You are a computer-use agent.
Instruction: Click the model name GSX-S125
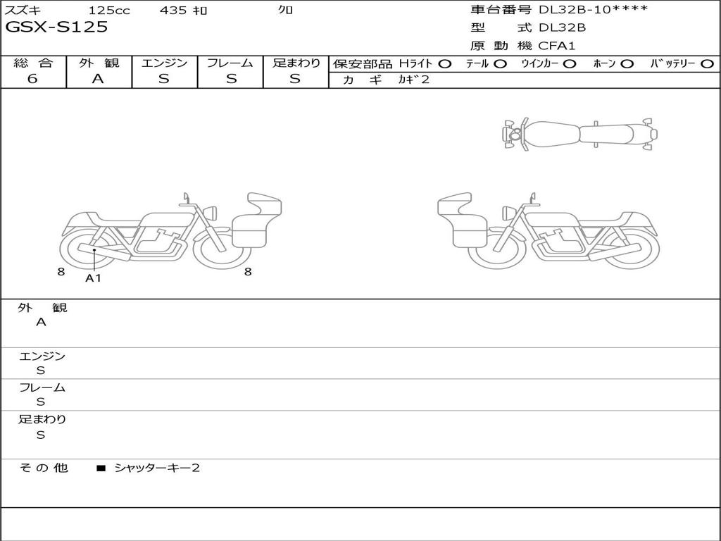tap(56, 27)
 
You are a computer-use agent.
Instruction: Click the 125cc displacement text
tap(109, 10)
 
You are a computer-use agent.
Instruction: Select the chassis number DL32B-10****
tap(593, 9)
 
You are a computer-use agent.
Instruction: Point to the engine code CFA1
tap(556, 46)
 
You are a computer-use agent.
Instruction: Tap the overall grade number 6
tap(32, 79)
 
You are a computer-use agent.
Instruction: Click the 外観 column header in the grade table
tap(99, 63)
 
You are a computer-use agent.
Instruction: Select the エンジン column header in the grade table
tap(164, 63)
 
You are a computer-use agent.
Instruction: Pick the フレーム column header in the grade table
tap(230, 63)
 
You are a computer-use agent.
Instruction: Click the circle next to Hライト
tap(445, 64)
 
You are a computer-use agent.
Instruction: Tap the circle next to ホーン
tap(627, 64)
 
